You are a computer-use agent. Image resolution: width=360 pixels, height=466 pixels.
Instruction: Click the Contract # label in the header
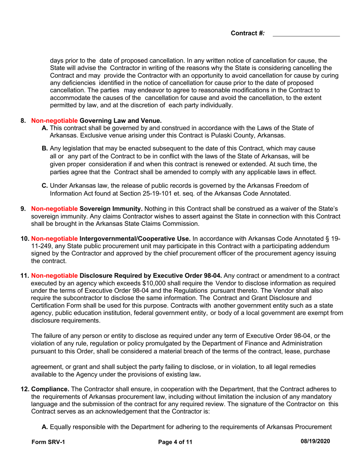tap(248, 33)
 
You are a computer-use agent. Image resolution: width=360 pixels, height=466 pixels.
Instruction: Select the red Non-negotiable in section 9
tap(55, 208)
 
